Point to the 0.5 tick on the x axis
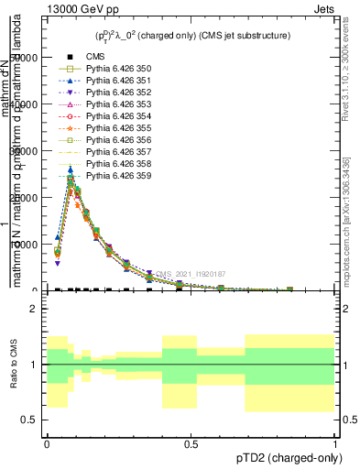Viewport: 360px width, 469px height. [x=191, y=442]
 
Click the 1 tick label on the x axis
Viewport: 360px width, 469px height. [x=335, y=442]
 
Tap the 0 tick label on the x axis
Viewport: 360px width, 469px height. [x=47, y=442]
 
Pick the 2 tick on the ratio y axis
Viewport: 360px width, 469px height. [x=33, y=310]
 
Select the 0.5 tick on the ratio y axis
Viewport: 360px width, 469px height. [x=29, y=420]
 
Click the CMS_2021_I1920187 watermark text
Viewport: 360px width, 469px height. [x=190, y=274]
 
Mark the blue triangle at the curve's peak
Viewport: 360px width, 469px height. [x=71, y=169]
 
